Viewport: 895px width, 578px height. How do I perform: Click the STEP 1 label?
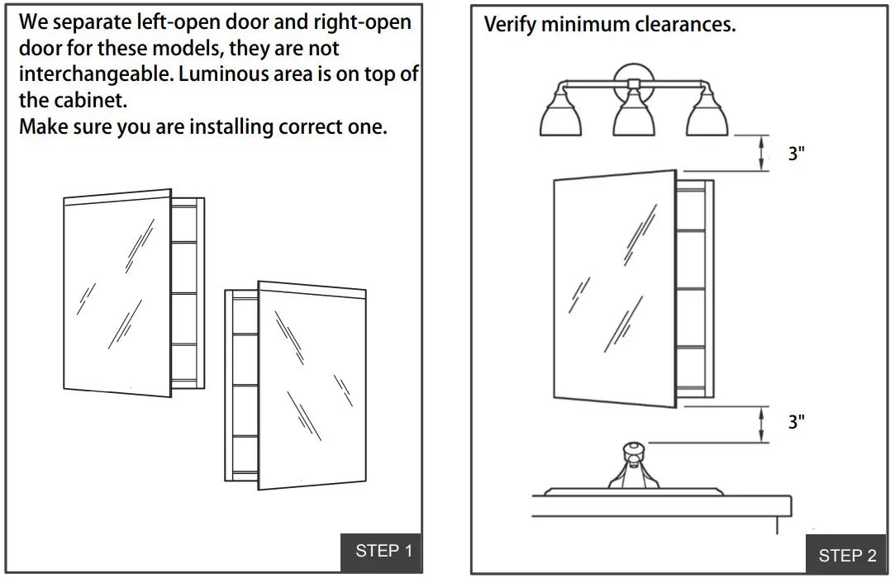[383, 551]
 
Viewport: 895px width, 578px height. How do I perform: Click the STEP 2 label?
[846, 555]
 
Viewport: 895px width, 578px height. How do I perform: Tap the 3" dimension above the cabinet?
[796, 154]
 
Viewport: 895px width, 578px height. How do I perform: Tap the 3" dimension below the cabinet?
[796, 421]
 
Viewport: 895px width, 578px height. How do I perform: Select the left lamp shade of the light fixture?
[559, 116]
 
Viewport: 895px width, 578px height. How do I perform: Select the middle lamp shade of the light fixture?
[634, 116]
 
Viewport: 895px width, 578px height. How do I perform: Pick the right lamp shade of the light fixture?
[707, 116]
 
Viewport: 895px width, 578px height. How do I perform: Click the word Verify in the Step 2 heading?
[509, 25]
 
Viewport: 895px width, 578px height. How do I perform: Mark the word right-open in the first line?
[360, 21]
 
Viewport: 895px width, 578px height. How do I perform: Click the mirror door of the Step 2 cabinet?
[612, 289]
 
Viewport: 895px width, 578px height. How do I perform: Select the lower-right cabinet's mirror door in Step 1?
[312, 384]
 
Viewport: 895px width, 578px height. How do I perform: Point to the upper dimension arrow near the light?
[761, 154]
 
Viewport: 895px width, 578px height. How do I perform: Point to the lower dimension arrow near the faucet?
[761, 423]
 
